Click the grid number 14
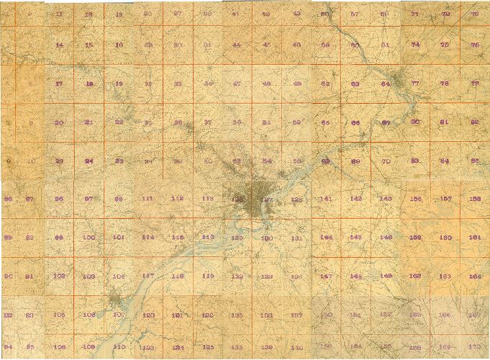(x=59, y=45)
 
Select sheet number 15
(x=89, y=45)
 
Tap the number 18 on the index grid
(x=89, y=84)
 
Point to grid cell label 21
(x=89, y=122)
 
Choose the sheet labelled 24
(x=89, y=161)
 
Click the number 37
(x=208, y=122)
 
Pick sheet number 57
(x=355, y=14)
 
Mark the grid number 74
(x=415, y=45)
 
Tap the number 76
(x=475, y=45)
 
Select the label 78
(x=445, y=84)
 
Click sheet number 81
(x=445, y=122)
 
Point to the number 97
(x=89, y=199)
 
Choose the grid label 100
(x=89, y=238)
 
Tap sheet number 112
(x=177, y=199)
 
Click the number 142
(x=355, y=198)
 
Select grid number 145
(x=355, y=237)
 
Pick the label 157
(x=445, y=198)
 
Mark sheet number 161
(x=475, y=237)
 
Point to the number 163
(x=445, y=275)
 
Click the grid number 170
(x=473, y=347)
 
